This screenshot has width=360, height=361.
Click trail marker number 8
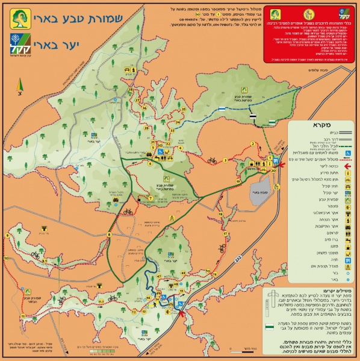pos(108,234)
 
